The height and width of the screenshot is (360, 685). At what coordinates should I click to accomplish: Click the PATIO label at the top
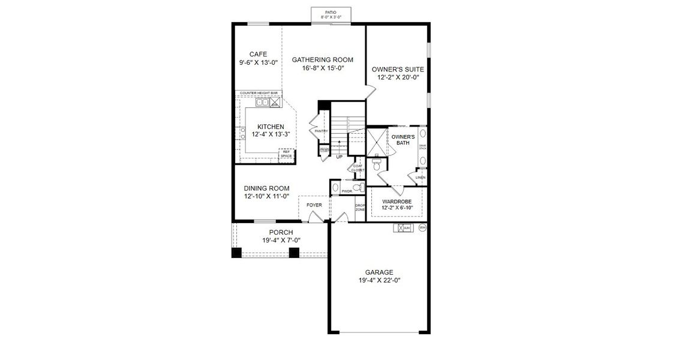pyautogui.click(x=331, y=11)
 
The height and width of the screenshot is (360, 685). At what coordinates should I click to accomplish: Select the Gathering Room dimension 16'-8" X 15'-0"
pyautogui.click(x=322, y=68)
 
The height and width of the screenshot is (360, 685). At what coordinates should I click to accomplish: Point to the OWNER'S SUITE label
pyautogui.click(x=398, y=69)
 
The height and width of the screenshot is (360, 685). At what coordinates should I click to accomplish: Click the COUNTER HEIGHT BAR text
pyautogui.click(x=258, y=93)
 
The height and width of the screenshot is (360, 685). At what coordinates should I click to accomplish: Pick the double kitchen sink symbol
pyautogui.click(x=263, y=103)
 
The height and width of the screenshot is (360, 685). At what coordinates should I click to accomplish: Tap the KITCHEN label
pyautogui.click(x=271, y=127)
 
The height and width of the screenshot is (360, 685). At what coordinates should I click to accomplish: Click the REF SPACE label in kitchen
pyautogui.click(x=287, y=154)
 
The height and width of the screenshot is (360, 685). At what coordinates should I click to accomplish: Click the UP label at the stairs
pyautogui.click(x=339, y=157)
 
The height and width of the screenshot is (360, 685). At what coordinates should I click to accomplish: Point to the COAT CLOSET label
pyautogui.click(x=357, y=168)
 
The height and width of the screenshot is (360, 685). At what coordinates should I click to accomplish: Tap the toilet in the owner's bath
pyautogui.click(x=377, y=161)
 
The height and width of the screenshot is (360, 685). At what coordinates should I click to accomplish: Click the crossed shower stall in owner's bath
pyautogui.click(x=377, y=142)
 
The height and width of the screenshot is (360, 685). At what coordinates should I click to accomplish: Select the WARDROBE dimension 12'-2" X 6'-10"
pyautogui.click(x=396, y=208)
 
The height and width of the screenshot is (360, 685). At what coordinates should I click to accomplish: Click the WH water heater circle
pyautogui.click(x=422, y=227)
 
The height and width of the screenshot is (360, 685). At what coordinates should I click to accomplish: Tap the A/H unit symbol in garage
pyautogui.click(x=402, y=228)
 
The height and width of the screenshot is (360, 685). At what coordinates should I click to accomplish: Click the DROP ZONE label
pyautogui.click(x=360, y=208)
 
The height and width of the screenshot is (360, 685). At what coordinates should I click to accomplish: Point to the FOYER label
pyautogui.click(x=314, y=205)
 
